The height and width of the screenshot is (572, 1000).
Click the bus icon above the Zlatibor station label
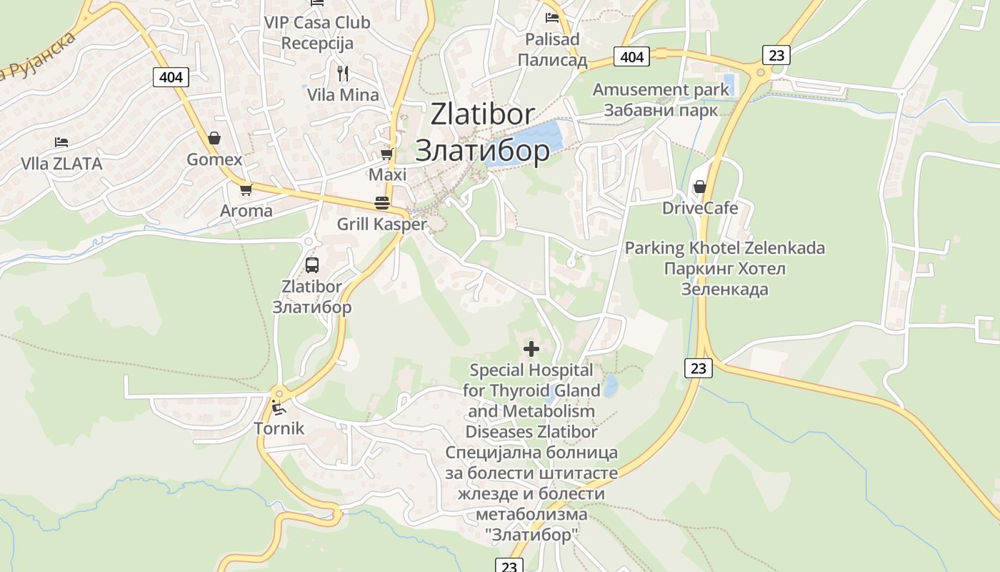pyautogui.click(x=312, y=265)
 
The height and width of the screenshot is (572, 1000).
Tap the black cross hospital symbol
pyautogui.click(x=531, y=349)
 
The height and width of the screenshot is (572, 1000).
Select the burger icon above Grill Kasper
pyautogui.click(x=382, y=202)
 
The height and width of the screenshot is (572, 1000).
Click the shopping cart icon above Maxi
pyautogui.click(x=387, y=154)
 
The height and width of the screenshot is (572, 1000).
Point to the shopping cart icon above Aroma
pyautogui.click(x=246, y=189)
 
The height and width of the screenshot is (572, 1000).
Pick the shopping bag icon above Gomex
pyautogui.click(x=214, y=138)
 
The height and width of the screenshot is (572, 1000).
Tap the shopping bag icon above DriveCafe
pyautogui.click(x=699, y=187)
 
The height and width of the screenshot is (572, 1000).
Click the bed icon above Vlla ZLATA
pyautogui.click(x=61, y=142)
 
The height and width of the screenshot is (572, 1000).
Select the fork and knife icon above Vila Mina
pyautogui.click(x=343, y=73)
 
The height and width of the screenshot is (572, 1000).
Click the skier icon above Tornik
pyautogui.click(x=279, y=408)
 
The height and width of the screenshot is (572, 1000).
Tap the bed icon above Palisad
pyautogui.click(x=552, y=17)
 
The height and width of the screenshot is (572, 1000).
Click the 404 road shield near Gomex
pyautogui.click(x=171, y=77)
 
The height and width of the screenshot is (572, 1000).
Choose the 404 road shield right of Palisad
pyautogui.click(x=632, y=56)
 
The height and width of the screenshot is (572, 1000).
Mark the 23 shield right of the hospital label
pyautogui.click(x=698, y=368)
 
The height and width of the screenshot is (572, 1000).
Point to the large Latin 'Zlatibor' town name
pyautogui.click(x=482, y=114)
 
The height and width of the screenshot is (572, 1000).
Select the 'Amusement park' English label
pyautogui.click(x=661, y=89)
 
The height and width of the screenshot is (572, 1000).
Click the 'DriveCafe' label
pyautogui.click(x=700, y=208)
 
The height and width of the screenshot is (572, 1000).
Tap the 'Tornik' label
pyautogui.click(x=279, y=428)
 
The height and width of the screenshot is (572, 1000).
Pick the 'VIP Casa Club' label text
pyautogui.click(x=317, y=22)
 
